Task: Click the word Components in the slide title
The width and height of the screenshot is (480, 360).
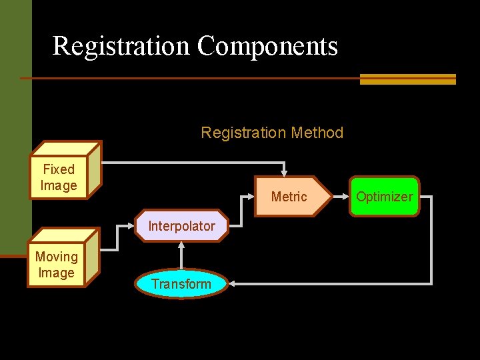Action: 267,46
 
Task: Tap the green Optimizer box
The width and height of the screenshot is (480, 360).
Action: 384,197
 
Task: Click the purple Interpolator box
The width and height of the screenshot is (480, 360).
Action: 181,226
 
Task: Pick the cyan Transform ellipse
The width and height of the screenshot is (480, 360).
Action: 181,284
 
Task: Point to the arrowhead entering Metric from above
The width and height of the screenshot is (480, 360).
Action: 285,173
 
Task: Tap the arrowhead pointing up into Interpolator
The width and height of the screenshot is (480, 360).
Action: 181,245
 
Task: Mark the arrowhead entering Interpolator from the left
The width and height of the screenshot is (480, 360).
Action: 132,226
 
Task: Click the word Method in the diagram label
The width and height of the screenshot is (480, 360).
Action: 317,133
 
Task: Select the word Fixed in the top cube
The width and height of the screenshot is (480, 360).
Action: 59,169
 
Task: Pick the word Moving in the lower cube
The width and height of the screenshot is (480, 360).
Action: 57,257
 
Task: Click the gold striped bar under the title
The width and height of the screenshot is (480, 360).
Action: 407,79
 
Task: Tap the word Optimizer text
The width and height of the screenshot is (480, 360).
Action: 384,197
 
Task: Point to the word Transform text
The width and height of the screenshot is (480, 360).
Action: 181,284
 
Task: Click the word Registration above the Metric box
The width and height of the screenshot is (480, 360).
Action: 243,133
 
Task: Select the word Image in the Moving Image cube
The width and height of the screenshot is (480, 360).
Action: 57,273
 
